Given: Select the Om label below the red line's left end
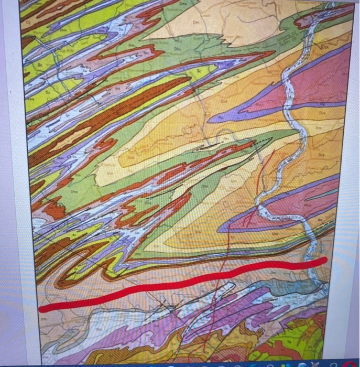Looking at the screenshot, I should coord(43,318).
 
